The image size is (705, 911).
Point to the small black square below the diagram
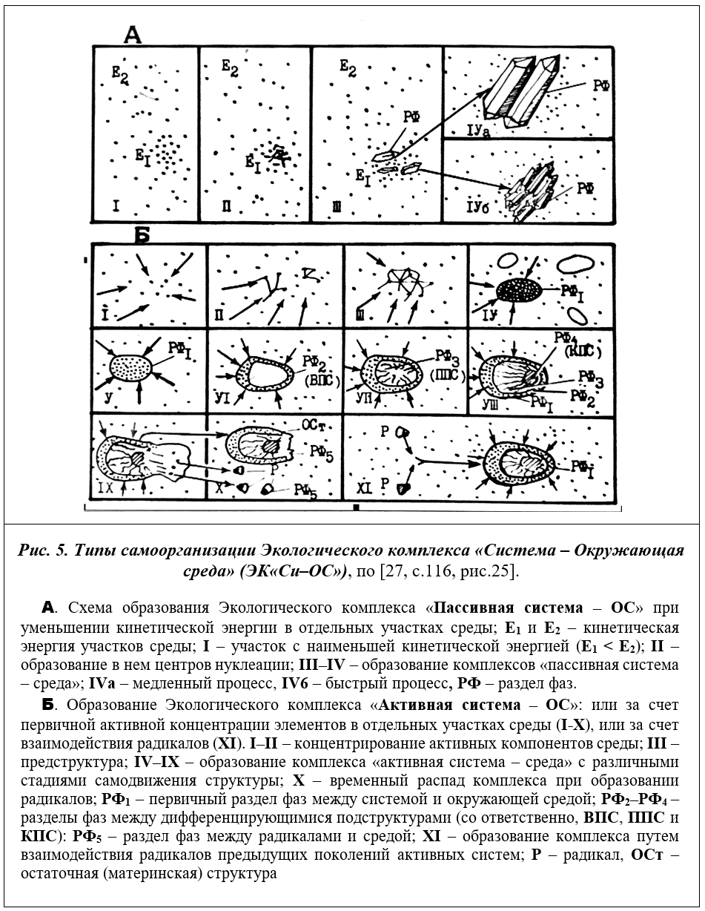[357, 508]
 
